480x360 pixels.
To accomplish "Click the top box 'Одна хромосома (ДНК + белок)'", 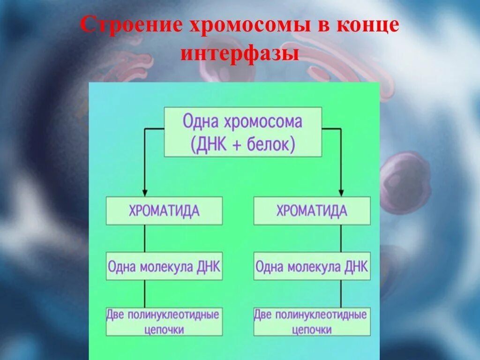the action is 243,132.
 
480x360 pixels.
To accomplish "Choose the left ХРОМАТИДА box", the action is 164,211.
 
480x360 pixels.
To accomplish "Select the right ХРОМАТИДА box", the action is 312,211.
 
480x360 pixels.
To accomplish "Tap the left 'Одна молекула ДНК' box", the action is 164,266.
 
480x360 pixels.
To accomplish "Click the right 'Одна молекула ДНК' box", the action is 312,266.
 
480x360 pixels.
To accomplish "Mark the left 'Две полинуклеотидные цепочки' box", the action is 164,322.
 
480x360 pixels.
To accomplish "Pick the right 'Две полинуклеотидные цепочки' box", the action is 312,322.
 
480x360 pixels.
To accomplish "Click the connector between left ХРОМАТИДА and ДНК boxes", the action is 145,239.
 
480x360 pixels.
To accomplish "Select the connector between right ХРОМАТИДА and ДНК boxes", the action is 341,239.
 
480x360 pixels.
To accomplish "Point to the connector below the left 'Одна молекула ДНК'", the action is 145,294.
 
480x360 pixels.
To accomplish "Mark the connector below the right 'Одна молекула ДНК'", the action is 341,294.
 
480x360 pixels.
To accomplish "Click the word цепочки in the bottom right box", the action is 312,330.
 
